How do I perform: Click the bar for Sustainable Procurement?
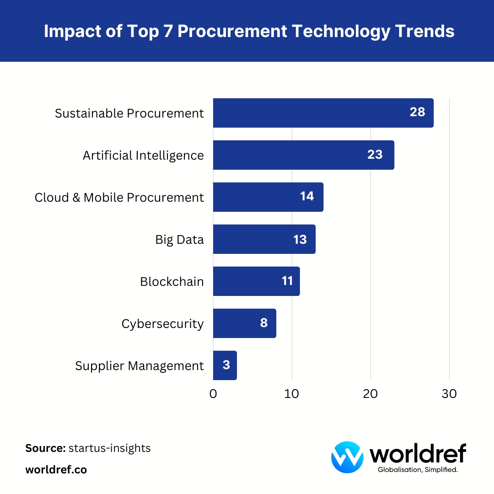pos(311,113)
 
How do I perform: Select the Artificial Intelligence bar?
pos(293,155)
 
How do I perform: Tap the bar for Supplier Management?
pos(225,365)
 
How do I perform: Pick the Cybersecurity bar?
pos(238,323)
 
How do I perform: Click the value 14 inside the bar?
pos(307,197)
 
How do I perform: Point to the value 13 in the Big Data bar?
pos(300,239)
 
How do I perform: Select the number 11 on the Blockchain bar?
pos(287,281)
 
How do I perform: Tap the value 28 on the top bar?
pos(417,113)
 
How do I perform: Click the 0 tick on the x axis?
pos(213,394)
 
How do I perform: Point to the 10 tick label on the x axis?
pos(292,394)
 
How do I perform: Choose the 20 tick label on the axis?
pos(370,394)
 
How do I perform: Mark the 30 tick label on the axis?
pos(449,394)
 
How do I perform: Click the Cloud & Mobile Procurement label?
pos(119,198)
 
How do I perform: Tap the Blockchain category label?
pos(172,282)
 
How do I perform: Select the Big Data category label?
pos(179,240)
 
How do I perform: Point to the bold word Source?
pos(45,448)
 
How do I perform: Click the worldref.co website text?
pos(56,470)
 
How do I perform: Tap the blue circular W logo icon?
pos(347,457)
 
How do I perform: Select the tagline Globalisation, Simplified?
pos(418,470)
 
